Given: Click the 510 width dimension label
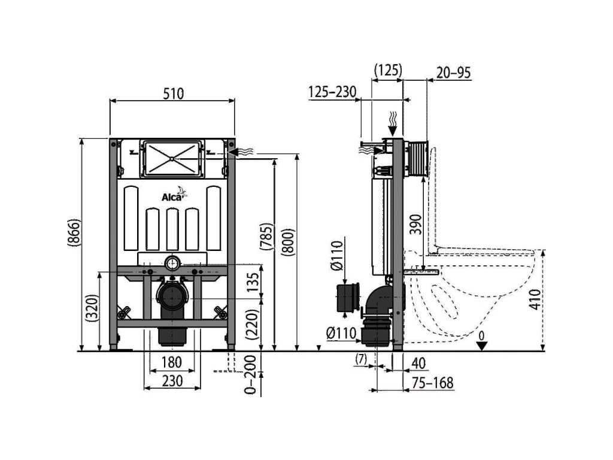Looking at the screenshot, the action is coord(172,93).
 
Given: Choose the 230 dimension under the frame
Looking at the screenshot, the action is coord(171,382).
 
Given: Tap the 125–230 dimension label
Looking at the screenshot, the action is coord(332,91).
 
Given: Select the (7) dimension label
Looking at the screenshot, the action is coord(360,359).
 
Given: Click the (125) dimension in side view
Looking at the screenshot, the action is coord(387,70).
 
